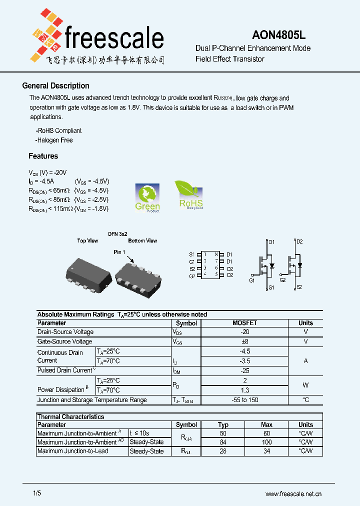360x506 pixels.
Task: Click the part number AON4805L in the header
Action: [x=278, y=35]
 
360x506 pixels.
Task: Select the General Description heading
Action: [x=56, y=86]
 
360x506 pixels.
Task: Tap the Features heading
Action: [x=43, y=156]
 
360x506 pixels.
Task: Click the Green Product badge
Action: [x=147, y=198]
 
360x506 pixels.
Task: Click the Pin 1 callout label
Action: [x=119, y=252]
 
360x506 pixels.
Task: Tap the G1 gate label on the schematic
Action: [x=252, y=280]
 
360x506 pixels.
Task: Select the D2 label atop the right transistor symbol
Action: [x=299, y=242]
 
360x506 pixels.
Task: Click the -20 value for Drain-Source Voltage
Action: [x=244, y=332]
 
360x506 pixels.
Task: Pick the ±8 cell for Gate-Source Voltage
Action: [x=244, y=341]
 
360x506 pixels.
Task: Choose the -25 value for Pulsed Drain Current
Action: [x=244, y=370]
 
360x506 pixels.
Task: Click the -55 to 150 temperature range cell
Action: [x=244, y=400]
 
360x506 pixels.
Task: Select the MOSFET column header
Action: [x=244, y=323]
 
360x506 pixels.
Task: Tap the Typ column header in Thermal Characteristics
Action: [x=223, y=424]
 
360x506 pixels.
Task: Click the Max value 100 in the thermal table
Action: [x=266, y=442]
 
